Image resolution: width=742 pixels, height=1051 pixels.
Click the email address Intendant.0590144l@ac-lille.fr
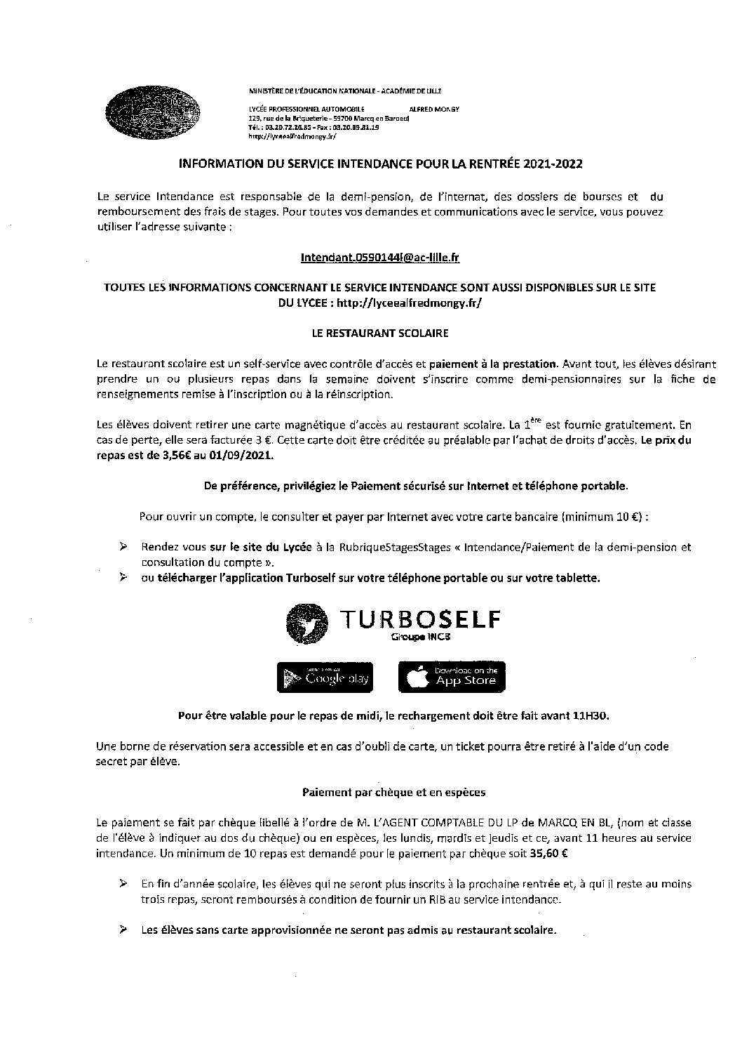[x=379, y=258]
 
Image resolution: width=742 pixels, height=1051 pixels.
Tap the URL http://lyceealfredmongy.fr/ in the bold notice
[x=410, y=303]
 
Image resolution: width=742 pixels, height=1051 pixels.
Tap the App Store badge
[x=452, y=677]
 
